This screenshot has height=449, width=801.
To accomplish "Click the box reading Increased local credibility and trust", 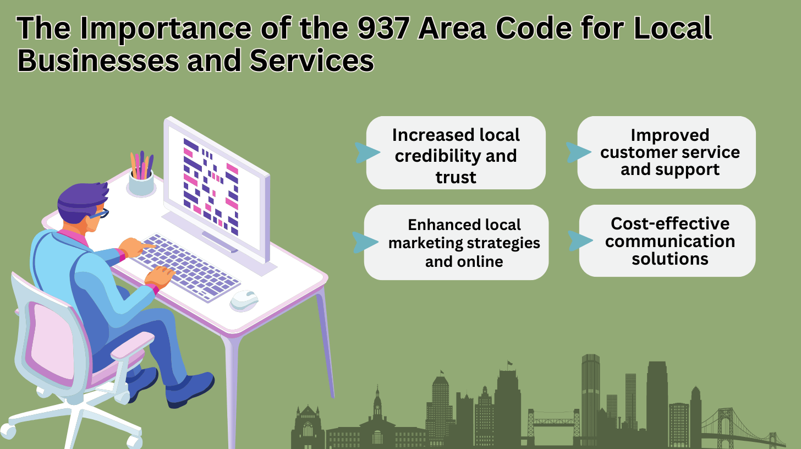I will (456, 153).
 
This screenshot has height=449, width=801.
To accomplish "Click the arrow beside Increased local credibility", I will (367, 152).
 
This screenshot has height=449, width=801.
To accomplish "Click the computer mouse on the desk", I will (244, 299).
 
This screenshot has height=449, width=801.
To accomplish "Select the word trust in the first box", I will (456, 177).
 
